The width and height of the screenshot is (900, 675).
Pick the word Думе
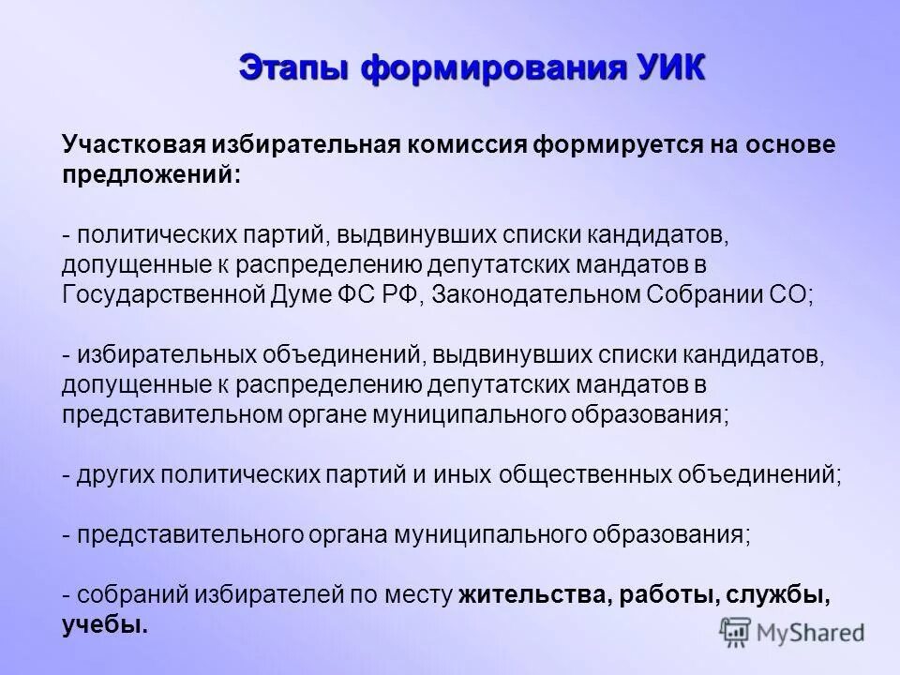[x=311, y=293]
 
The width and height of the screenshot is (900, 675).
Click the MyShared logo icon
[x=737, y=632]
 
